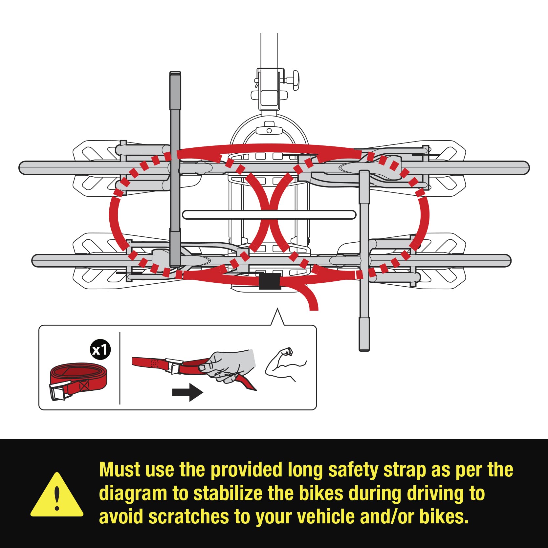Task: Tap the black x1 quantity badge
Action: tap(100, 350)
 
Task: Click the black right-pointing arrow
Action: tap(187, 392)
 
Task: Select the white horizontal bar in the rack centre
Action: tap(269, 215)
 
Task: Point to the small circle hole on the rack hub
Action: tap(269, 131)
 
